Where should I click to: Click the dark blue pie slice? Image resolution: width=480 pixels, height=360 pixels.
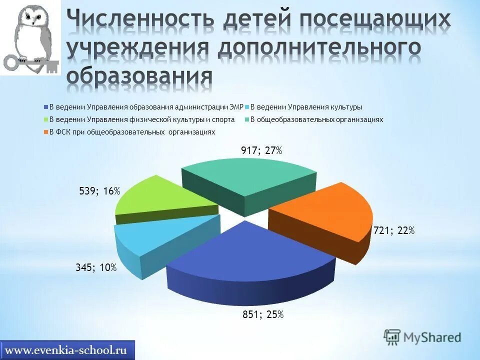pos(250,255)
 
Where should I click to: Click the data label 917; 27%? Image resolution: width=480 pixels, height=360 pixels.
pos(261,150)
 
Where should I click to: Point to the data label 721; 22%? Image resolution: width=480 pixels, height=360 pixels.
pos(394,230)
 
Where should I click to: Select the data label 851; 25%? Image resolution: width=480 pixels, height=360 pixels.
pos(263,314)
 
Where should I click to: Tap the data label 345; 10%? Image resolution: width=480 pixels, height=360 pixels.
pos(96,268)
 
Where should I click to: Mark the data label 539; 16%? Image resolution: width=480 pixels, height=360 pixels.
pos(99,191)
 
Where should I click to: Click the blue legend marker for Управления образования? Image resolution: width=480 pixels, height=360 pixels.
pos(46,107)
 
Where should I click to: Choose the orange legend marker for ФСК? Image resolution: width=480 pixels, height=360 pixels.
pos(46,132)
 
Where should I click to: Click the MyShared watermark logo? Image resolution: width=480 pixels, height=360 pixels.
pos(422,336)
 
